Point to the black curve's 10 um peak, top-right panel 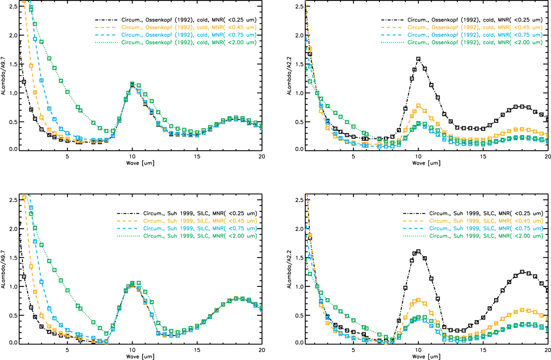[418, 59]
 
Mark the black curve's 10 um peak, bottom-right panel [418, 251]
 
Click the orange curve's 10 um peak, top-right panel [418, 106]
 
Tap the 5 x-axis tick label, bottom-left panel [67, 350]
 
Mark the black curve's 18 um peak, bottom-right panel [523, 271]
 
